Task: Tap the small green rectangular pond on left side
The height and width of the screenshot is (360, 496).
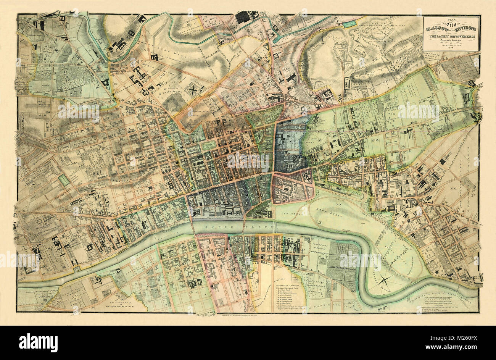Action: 64,180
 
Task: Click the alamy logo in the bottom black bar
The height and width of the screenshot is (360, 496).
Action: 38,342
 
